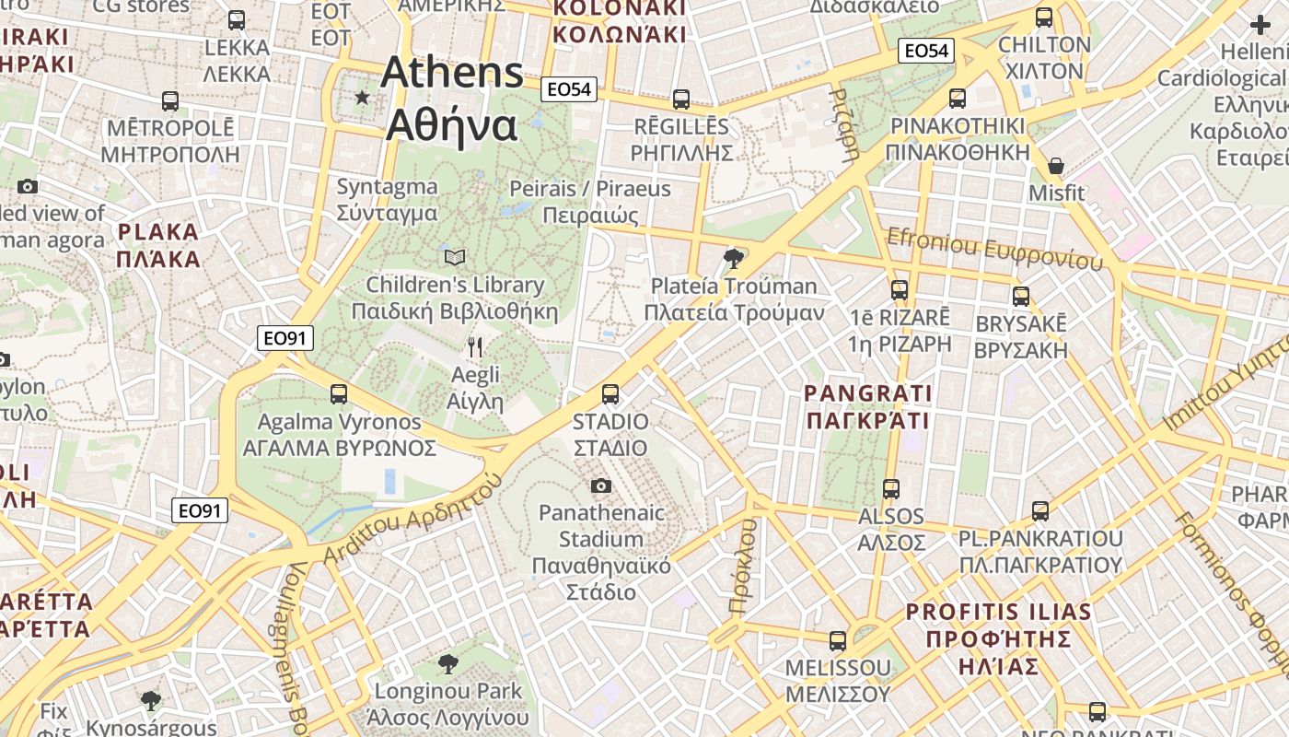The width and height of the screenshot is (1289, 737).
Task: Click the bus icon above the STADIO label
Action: [x=610, y=394]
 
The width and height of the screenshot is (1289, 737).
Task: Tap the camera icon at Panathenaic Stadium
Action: [x=601, y=485]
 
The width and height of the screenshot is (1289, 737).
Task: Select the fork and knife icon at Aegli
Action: [x=475, y=347]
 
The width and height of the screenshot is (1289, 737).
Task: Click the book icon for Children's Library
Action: [x=455, y=257]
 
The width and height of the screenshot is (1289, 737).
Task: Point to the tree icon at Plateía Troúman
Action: [x=734, y=258]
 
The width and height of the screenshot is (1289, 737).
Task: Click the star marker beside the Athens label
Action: [x=363, y=97]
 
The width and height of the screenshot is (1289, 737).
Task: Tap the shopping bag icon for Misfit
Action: [x=1056, y=167]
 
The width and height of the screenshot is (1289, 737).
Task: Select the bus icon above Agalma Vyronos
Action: [x=339, y=394]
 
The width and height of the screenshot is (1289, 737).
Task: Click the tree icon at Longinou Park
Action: [x=447, y=663]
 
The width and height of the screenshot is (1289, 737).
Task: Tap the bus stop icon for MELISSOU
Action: [x=838, y=640]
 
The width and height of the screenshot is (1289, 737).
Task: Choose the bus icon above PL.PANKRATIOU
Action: [x=1040, y=510]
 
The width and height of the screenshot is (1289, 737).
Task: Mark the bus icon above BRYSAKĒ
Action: [x=1020, y=297]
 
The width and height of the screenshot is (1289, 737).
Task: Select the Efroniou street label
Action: [x=994, y=250]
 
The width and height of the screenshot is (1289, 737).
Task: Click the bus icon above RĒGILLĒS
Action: [x=681, y=99]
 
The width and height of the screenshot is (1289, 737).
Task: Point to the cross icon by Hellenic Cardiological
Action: [x=1260, y=26]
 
